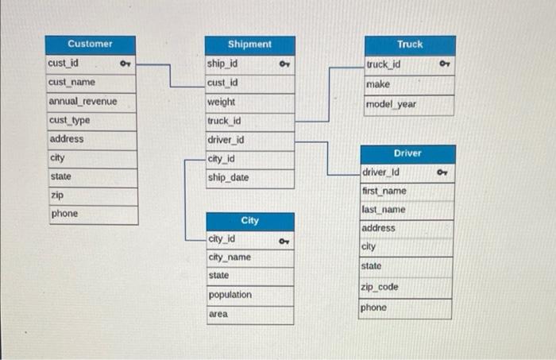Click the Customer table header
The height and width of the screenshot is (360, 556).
tap(91, 44)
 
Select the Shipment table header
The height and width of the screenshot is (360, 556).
tap(249, 45)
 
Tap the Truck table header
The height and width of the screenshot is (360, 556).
tap(410, 45)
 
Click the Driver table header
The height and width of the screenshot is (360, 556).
tap(407, 153)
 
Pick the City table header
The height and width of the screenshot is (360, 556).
tap(249, 220)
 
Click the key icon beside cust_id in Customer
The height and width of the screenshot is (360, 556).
tap(125, 63)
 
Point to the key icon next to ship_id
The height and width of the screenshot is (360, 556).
tap(284, 64)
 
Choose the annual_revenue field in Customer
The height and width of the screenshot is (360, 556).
tap(83, 102)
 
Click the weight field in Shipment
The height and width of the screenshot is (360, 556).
tap(222, 103)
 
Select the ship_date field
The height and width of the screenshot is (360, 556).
tap(228, 178)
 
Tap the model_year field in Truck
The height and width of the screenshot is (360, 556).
tap(392, 104)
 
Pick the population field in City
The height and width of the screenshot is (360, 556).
tap(230, 295)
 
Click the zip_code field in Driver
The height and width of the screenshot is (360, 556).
tap(380, 287)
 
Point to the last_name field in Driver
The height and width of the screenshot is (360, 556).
tap(384, 210)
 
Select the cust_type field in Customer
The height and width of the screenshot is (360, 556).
tap(70, 120)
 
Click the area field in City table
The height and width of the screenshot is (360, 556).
tap(218, 314)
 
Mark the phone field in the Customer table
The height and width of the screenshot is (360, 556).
tap(64, 214)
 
